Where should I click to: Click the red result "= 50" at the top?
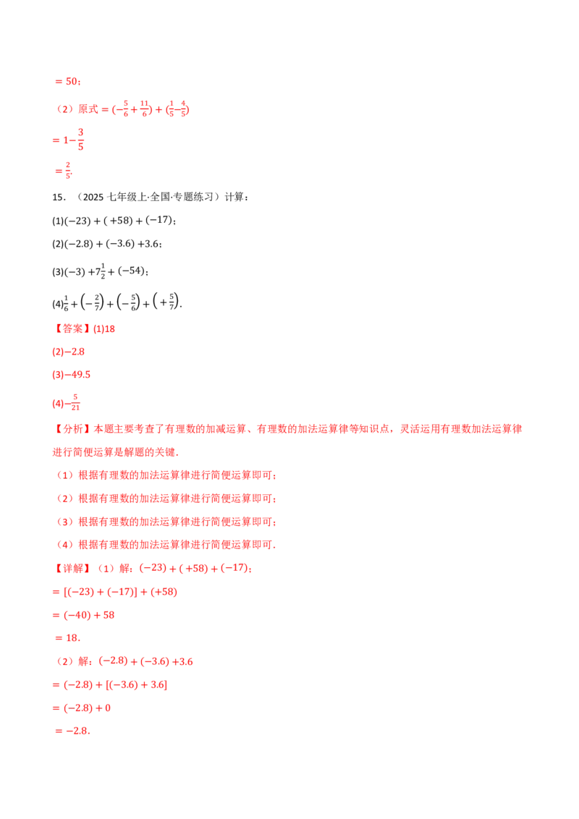point(67,82)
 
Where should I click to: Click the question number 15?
point(58,197)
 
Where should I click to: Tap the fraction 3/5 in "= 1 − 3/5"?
point(80,140)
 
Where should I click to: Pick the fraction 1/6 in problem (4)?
point(66,303)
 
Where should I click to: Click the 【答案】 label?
point(72,328)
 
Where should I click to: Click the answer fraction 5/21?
point(75,402)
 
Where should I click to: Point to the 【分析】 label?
point(72,429)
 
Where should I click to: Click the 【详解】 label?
point(72,568)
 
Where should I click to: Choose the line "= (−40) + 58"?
point(84,615)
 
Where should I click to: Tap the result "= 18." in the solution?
point(67,637)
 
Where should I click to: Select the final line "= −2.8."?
point(72,731)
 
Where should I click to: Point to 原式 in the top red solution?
point(88,109)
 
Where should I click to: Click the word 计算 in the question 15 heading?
point(234,197)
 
